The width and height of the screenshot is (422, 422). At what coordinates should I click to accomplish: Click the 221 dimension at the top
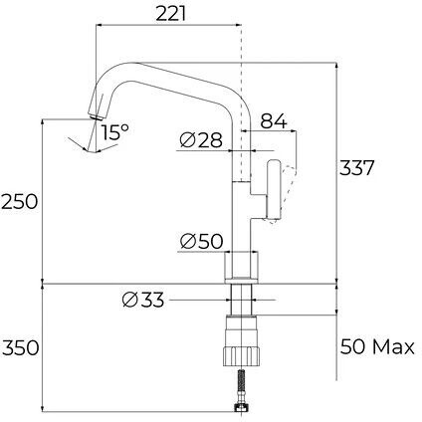(x=170, y=14)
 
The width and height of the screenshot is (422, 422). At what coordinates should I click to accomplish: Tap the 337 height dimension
(x=356, y=168)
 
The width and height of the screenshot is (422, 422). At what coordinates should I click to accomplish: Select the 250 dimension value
(x=19, y=202)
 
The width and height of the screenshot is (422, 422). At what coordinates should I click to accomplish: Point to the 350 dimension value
(x=20, y=348)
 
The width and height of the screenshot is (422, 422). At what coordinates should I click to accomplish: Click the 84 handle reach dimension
(x=273, y=121)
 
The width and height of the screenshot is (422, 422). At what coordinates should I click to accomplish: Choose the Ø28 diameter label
(x=201, y=140)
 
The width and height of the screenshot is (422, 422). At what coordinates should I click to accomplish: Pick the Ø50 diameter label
(x=201, y=241)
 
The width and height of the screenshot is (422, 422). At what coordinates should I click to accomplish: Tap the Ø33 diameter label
(x=143, y=300)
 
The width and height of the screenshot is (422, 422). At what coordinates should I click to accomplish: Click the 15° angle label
(x=114, y=132)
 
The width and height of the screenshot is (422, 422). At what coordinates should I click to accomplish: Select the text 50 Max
(x=377, y=347)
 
